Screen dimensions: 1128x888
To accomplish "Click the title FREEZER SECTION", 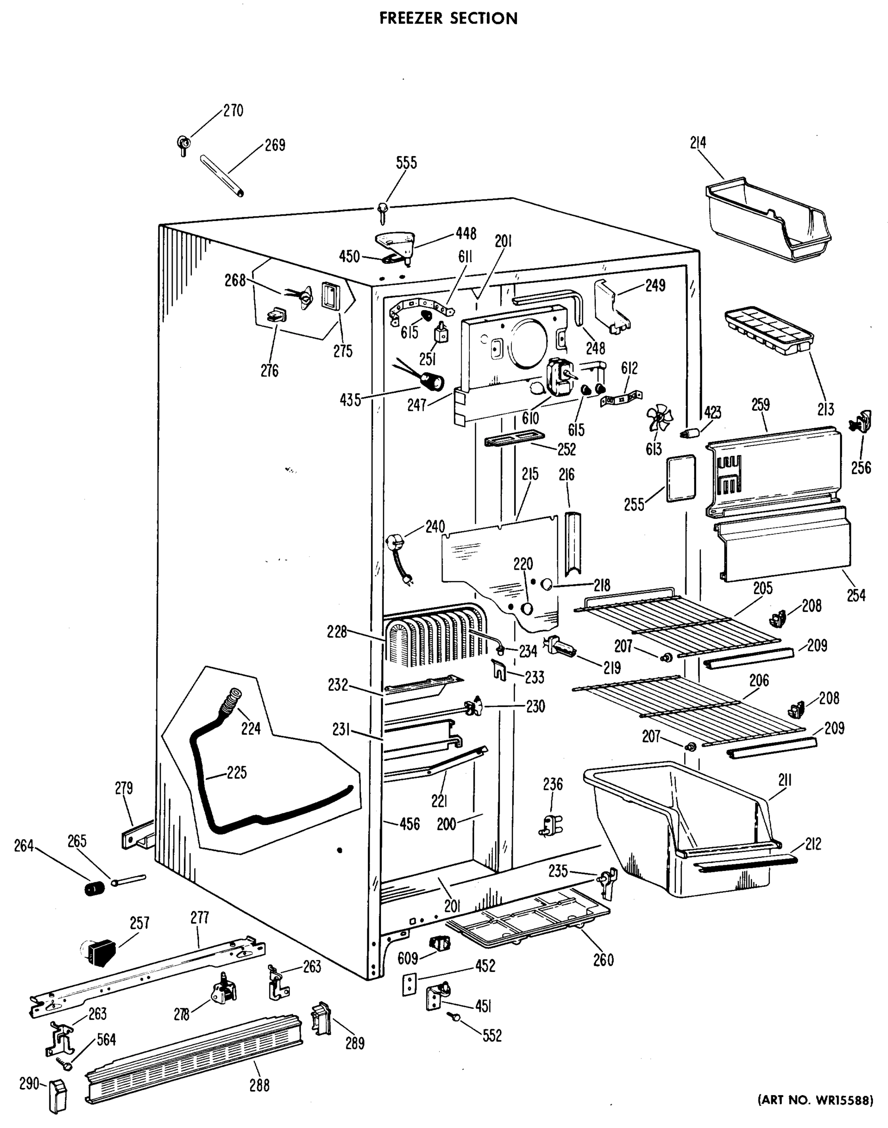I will click(448, 18).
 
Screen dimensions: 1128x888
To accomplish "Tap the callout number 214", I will click(698, 142).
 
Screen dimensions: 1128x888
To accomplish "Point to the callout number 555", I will click(406, 163).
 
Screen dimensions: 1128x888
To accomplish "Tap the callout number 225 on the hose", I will click(237, 773).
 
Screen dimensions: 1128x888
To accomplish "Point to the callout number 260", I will click(603, 960).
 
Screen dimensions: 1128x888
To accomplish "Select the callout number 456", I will click(409, 823).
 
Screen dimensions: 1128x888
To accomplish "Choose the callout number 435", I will click(350, 400).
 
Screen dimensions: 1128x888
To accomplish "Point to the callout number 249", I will click(655, 285).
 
